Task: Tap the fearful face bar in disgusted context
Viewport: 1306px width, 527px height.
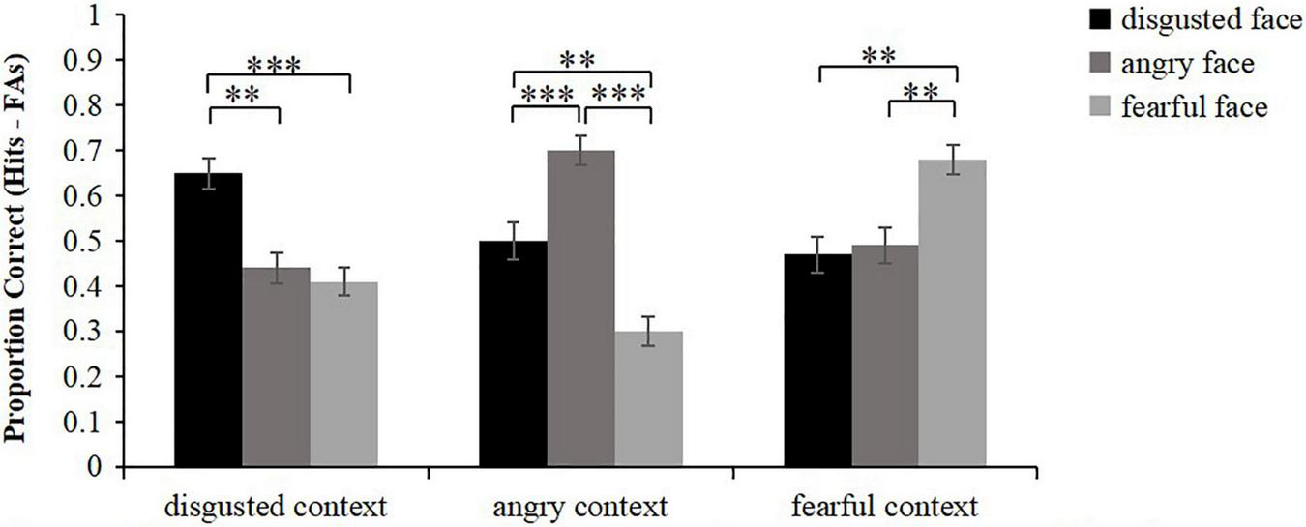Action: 343,376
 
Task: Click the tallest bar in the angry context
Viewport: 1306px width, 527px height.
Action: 581,310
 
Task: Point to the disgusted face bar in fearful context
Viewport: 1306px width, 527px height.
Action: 817,363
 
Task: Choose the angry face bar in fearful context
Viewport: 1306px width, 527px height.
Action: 885,358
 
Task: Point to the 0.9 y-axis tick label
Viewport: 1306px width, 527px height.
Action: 93,61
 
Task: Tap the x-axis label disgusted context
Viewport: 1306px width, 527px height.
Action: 276,506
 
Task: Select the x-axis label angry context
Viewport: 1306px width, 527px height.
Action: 581,506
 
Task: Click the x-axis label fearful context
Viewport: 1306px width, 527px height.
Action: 885,506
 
